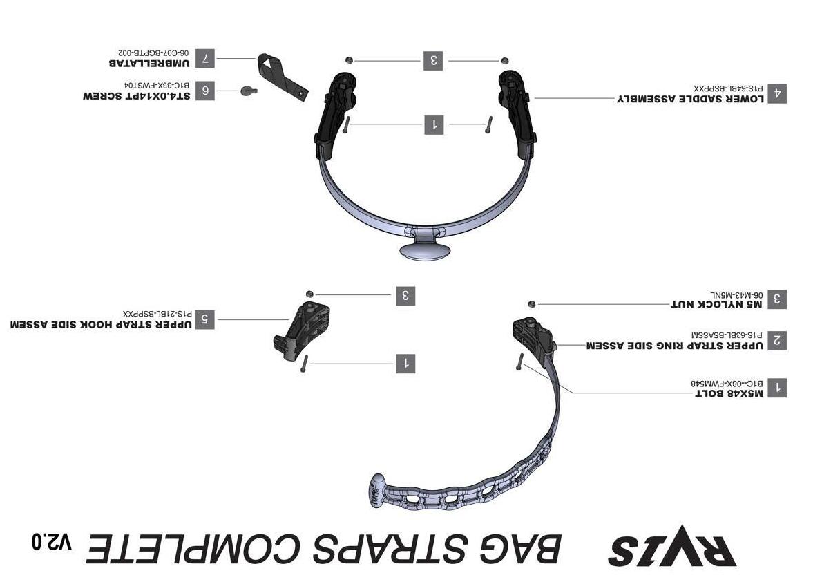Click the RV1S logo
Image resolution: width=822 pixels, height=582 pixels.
click(671, 546)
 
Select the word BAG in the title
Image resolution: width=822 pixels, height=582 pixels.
click(515, 550)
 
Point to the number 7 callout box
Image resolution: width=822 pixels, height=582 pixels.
click(204, 58)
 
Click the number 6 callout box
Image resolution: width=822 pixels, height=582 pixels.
click(204, 91)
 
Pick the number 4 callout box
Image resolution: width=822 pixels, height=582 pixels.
click(777, 93)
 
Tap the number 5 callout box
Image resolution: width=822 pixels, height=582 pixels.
click(204, 319)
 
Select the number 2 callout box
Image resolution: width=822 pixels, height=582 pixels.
click(777, 340)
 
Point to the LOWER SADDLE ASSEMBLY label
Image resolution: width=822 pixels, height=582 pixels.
click(690, 99)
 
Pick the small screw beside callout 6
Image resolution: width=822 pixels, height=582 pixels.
click(247, 91)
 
